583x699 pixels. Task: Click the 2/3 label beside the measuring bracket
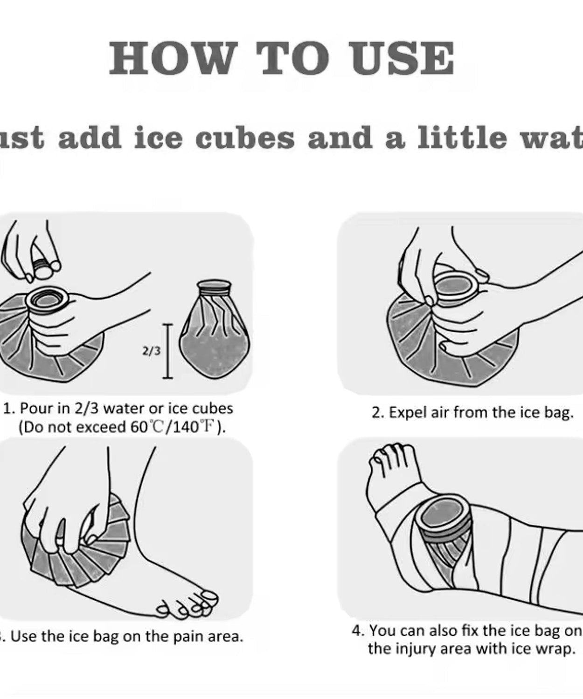(151, 351)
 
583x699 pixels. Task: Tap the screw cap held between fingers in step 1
(43, 268)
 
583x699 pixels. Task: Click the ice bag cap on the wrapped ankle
(441, 513)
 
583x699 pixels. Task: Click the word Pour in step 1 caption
(36, 408)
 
